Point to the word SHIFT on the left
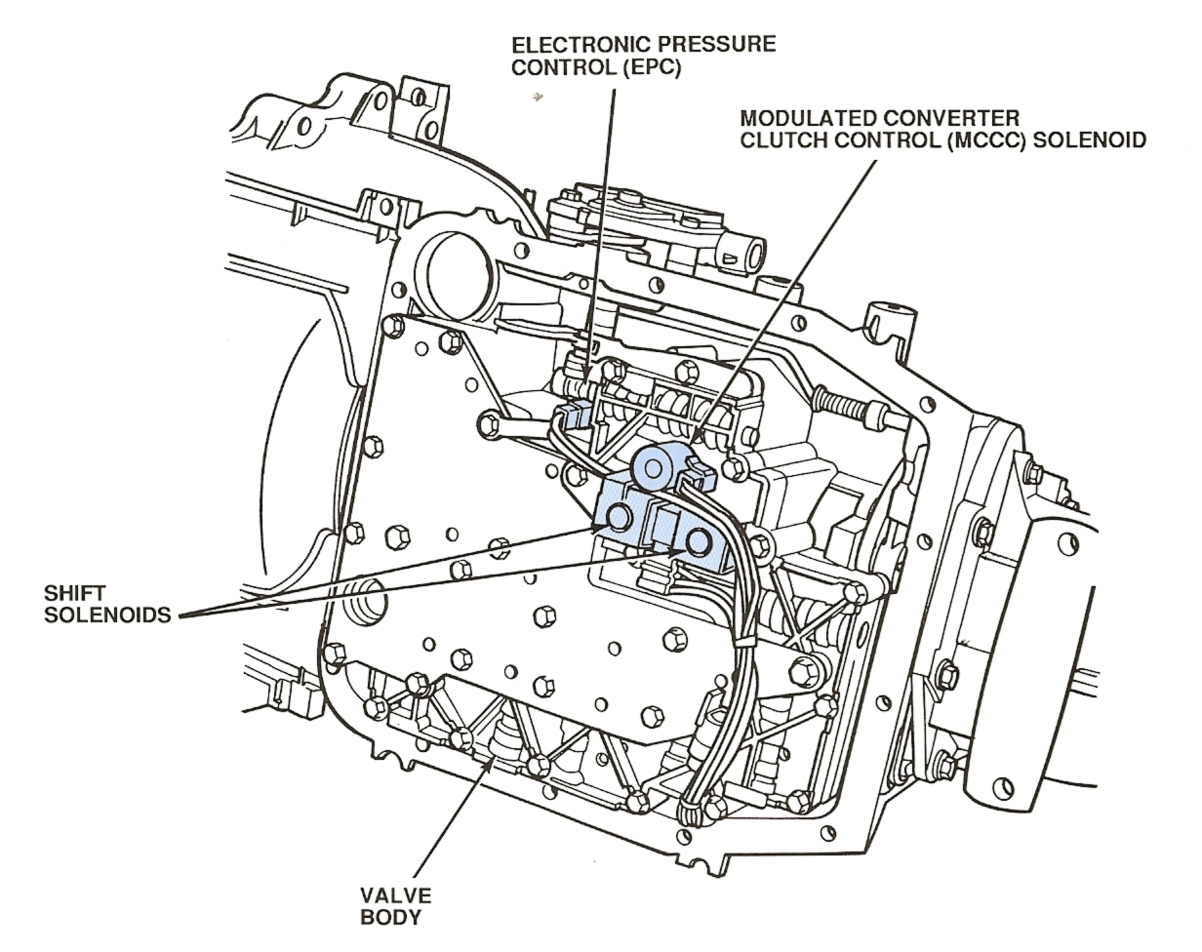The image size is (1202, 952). (74, 594)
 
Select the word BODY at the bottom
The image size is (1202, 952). (395, 918)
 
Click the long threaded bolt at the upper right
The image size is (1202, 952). (855, 410)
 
